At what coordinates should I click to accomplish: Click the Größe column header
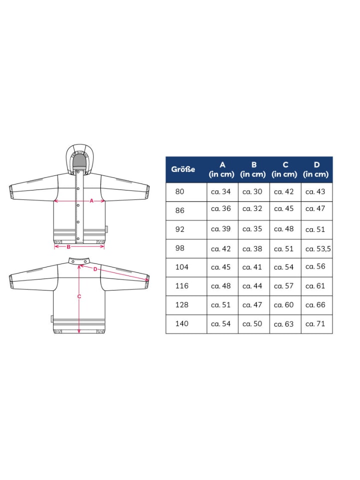(x=183, y=169)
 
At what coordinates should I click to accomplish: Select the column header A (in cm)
(x=221, y=169)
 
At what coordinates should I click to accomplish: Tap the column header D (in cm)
(x=316, y=169)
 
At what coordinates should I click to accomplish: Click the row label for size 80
(x=179, y=191)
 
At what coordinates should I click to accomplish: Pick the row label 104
(x=181, y=267)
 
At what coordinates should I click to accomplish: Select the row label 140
(x=181, y=323)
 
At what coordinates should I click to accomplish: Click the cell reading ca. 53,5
(x=318, y=249)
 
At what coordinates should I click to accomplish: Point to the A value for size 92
(x=220, y=229)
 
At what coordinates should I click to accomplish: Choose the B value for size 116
(x=252, y=286)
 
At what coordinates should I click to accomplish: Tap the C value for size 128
(x=284, y=305)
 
